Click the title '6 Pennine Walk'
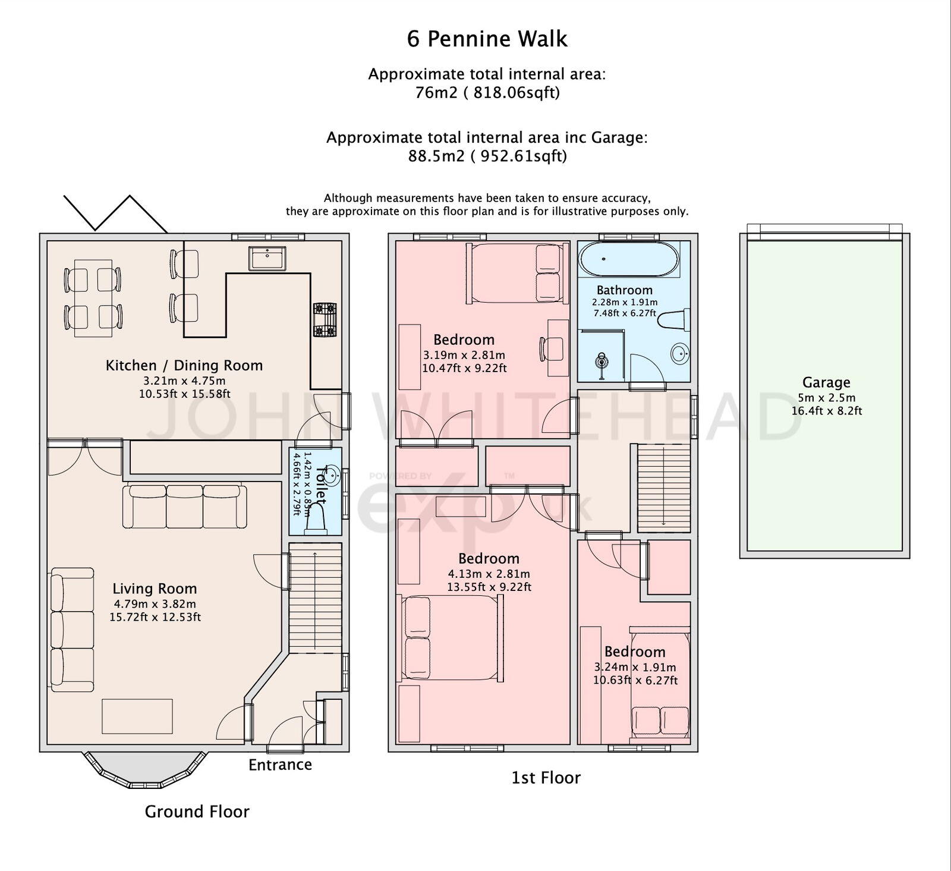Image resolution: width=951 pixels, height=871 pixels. point(487,39)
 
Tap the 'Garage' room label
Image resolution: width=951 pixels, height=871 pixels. point(826,383)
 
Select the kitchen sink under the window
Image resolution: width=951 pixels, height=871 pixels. point(267,258)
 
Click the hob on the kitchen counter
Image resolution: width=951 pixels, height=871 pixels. point(325,320)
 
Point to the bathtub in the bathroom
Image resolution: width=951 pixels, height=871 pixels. point(629,259)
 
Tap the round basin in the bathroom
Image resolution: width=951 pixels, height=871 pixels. point(680,353)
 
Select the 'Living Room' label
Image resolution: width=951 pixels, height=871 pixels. point(155,589)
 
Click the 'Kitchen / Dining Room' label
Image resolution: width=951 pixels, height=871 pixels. point(184,365)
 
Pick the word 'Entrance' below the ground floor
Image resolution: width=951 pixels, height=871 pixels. point(280,765)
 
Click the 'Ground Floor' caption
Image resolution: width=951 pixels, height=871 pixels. point(197,812)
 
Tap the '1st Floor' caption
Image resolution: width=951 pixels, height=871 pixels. point(546,778)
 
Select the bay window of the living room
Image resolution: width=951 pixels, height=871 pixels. point(144,772)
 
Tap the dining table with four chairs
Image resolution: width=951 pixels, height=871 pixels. point(93,297)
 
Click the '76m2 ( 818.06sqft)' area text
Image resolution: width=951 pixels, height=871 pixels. point(487,93)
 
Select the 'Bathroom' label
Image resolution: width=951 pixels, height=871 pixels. point(624,290)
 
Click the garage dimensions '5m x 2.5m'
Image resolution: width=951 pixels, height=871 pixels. point(826,398)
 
